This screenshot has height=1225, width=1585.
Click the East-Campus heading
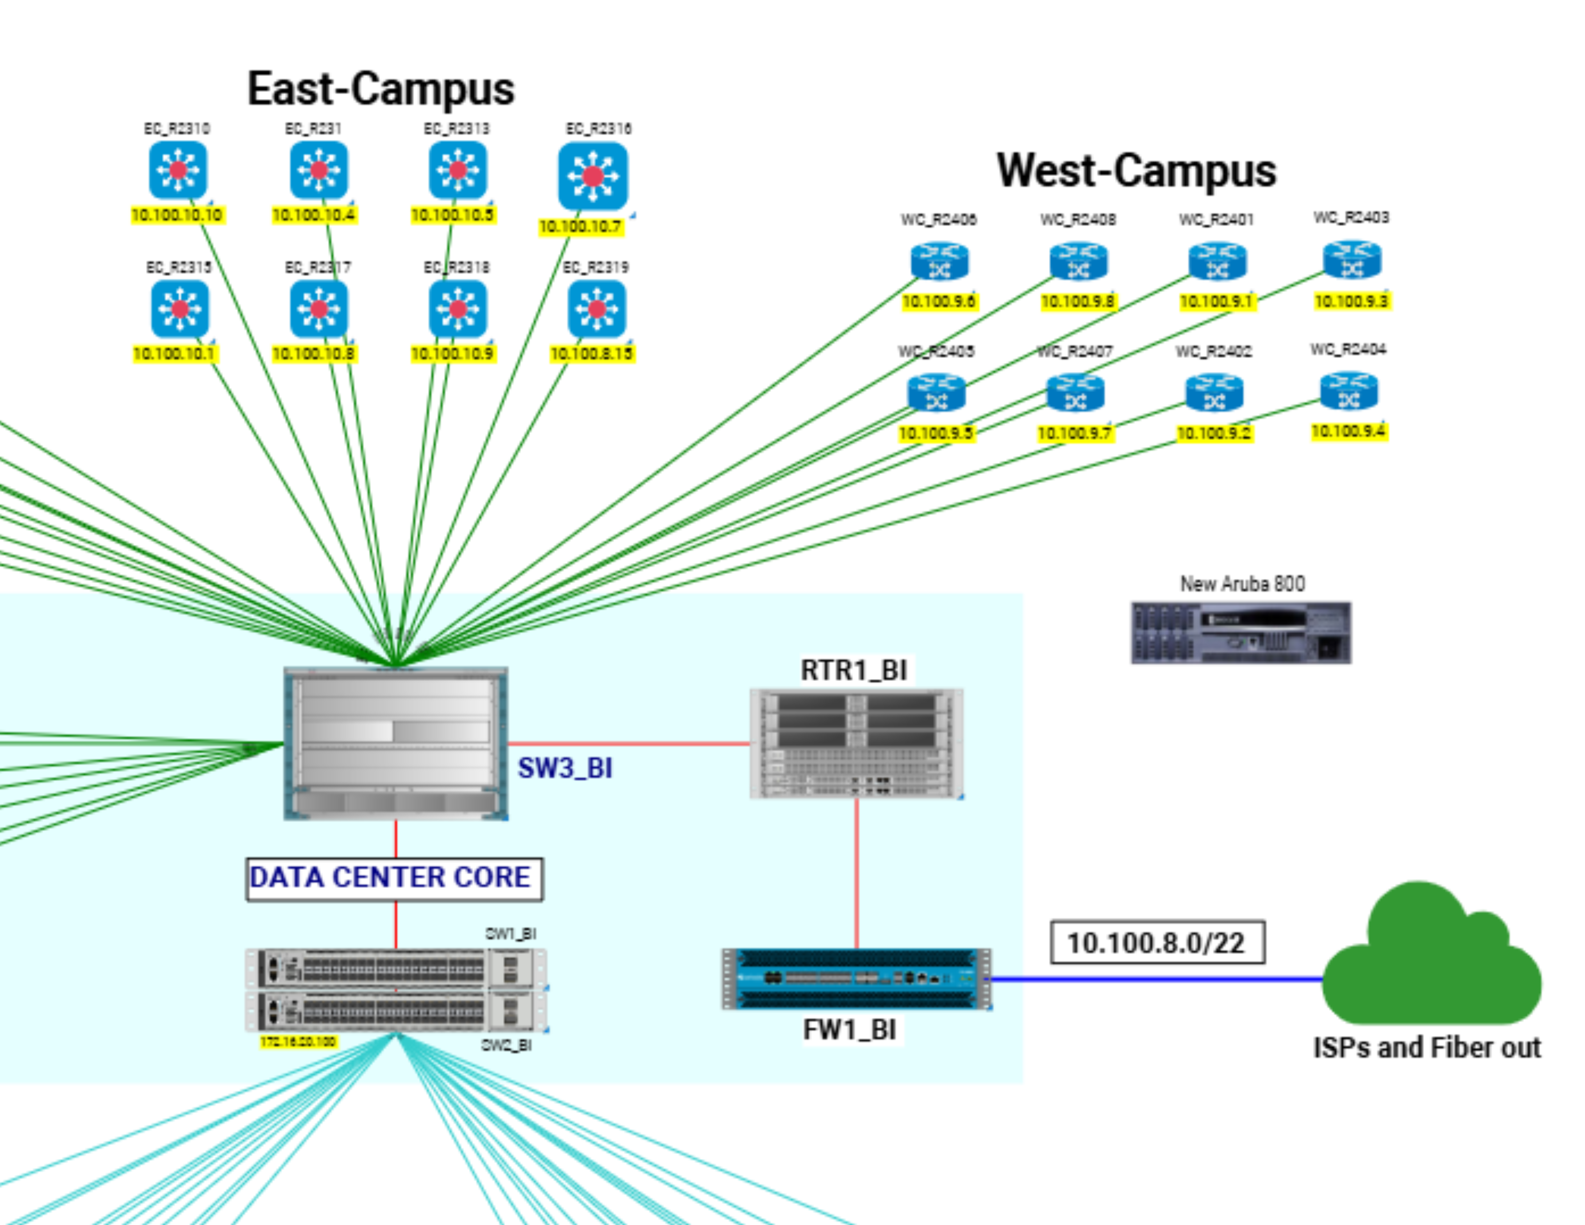coord(381,89)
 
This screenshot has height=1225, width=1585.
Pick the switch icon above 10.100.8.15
coord(597,309)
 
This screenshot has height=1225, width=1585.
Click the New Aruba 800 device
coord(1241,632)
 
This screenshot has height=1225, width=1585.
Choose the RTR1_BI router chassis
coord(856,744)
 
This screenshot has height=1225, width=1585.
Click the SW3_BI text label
coord(565,768)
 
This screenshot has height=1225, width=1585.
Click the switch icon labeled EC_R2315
coord(179,309)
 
